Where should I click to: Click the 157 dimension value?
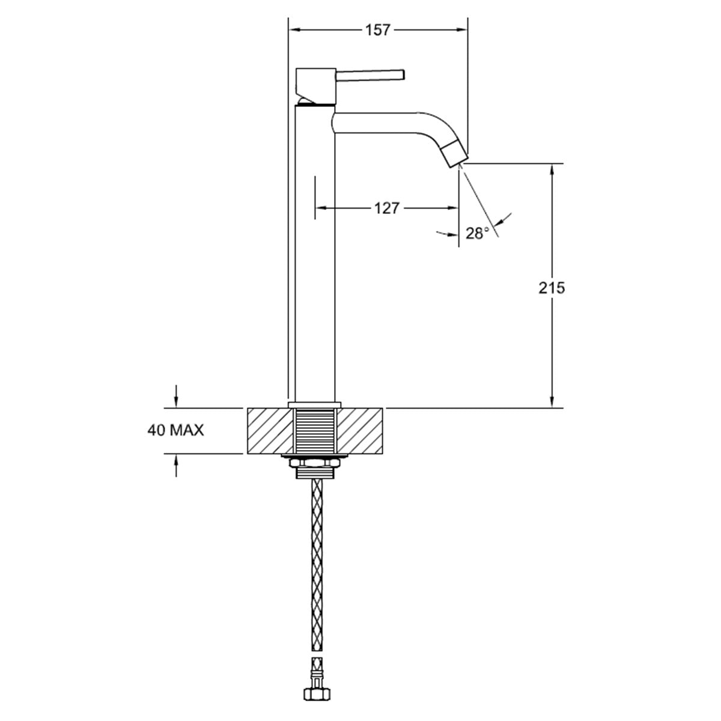(x=378, y=29)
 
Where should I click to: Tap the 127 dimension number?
(x=386, y=208)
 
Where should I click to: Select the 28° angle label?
(x=478, y=233)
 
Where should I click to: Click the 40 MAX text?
(x=175, y=430)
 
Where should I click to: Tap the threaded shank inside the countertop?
(x=315, y=430)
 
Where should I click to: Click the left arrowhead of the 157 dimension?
(x=293, y=29)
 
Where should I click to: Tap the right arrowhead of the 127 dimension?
(x=455, y=208)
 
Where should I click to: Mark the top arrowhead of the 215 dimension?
(x=552, y=168)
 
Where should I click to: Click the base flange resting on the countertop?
(x=315, y=404)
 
